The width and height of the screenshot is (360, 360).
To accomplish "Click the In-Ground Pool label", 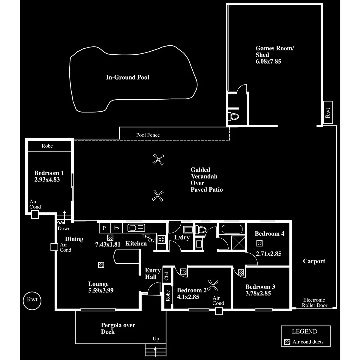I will [128, 77].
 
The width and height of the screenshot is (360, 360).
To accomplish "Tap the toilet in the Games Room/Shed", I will [234, 117].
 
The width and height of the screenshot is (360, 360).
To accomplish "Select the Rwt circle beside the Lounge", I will [32, 299].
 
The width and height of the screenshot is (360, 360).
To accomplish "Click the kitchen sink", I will [136, 228].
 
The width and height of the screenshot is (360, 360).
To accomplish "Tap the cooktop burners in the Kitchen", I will [162, 239].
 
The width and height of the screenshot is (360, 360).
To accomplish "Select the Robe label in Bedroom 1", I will [47, 146].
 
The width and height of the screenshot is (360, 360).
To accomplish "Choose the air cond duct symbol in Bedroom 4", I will [259, 243].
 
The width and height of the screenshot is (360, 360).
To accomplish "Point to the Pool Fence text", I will [148, 135].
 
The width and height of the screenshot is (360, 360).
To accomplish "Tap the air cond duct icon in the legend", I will [287, 342].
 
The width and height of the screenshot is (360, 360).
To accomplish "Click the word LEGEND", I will [305, 331].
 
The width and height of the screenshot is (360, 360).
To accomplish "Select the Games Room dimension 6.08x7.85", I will [269, 61].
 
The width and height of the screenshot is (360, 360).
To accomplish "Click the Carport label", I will [314, 261].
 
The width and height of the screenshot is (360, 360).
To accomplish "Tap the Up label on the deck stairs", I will [156, 339].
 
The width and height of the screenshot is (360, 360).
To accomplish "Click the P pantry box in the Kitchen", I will [104, 228].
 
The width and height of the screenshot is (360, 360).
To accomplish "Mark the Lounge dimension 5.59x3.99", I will [101, 290].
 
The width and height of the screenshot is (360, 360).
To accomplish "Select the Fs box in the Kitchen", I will [116, 228].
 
